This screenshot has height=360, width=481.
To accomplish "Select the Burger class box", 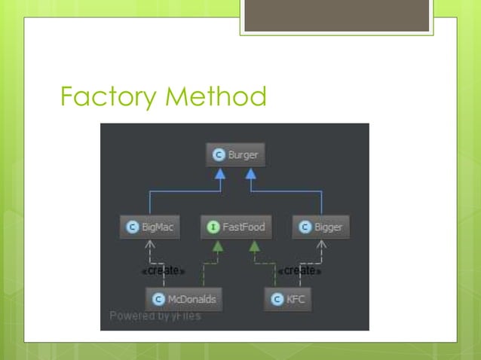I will point(235,155).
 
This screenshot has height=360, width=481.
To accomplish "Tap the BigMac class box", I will point(150,227).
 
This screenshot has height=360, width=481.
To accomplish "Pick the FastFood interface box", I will point(235,227).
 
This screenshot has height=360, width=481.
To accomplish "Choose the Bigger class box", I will point(321,227).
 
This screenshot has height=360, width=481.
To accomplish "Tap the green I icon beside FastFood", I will point(214,227).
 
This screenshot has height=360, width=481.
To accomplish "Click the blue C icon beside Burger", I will point(219,155).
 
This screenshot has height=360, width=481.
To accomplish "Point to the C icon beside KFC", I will point(277,299).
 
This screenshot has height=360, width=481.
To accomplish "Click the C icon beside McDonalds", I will point(158,299).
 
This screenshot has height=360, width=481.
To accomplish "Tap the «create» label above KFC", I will point(300,270).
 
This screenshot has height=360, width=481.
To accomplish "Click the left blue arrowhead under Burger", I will point(221,175).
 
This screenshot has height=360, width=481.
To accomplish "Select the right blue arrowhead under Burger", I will point(251,175).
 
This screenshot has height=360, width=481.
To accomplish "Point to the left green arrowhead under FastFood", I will point(217,246).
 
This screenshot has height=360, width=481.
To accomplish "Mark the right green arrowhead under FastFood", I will point(254,246).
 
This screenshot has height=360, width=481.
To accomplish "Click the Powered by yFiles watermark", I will point(155,316).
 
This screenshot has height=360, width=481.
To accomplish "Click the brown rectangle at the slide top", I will point(337,15).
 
